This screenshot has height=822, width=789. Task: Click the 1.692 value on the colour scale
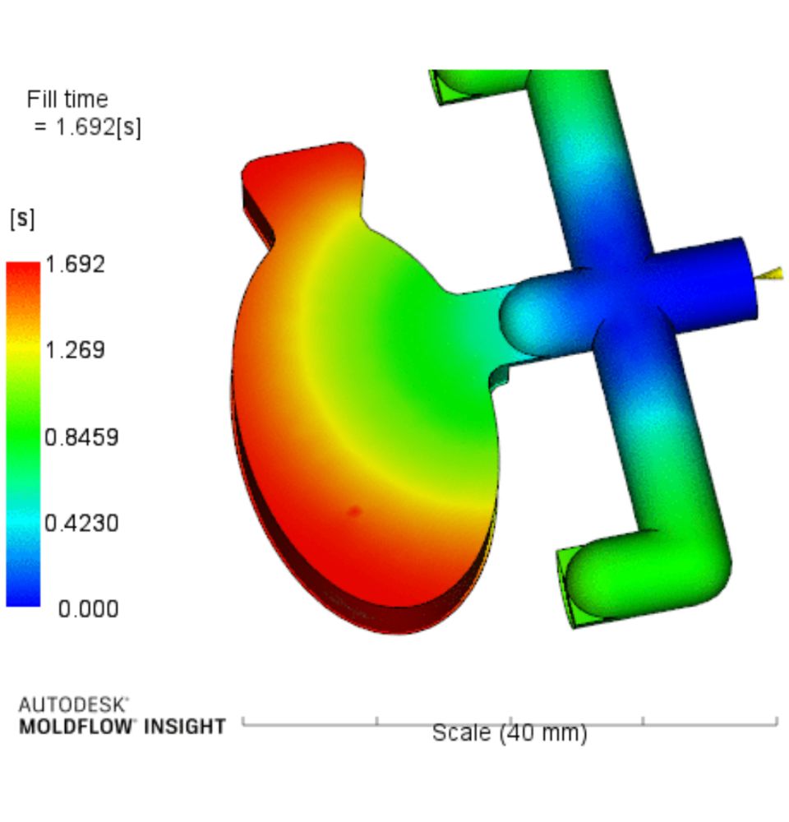tap(76, 264)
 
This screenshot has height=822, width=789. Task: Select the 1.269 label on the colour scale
tap(76, 349)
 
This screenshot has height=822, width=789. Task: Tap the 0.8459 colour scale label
tap(82, 436)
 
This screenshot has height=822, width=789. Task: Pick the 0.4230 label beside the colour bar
tap(82, 523)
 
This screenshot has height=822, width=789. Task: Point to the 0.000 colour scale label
tap(88, 609)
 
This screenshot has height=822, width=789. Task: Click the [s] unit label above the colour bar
tap(22, 218)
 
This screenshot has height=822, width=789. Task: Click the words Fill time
tap(67, 99)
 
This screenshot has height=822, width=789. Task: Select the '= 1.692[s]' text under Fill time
tap(88, 127)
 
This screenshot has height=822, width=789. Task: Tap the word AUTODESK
tap(73, 704)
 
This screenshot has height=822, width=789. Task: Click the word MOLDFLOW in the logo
tap(76, 727)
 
